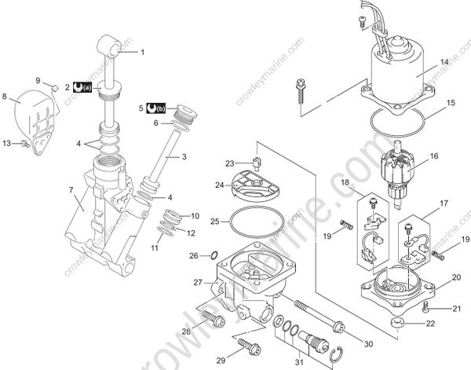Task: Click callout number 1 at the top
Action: click(x=143, y=53)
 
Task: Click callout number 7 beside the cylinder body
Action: click(x=71, y=190)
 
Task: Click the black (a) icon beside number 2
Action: click(x=82, y=86)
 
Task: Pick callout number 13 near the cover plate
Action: click(x=7, y=143)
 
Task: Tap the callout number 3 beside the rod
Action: click(x=184, y=157)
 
